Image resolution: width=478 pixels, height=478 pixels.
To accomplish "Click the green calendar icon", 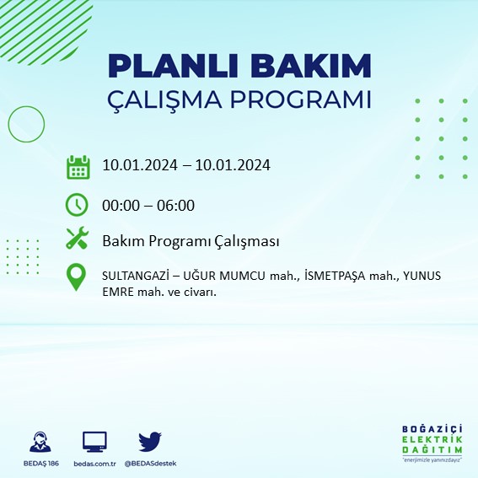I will tap(78, 167).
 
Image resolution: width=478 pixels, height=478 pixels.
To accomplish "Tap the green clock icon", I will tap(78, 205).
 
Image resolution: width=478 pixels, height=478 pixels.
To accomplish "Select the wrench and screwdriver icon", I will tap(78, 239).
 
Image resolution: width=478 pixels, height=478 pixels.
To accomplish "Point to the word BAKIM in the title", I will tap(316, 66).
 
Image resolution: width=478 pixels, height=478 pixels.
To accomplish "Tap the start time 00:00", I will tap(120, 205).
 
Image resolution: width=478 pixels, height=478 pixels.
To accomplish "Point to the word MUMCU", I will tap(241, 277).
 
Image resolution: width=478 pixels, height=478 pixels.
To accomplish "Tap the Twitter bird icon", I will tap(150, 441).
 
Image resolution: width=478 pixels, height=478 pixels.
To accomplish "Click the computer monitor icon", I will tap(94, 441).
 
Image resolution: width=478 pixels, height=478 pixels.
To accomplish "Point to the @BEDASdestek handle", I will tap(151, 464).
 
